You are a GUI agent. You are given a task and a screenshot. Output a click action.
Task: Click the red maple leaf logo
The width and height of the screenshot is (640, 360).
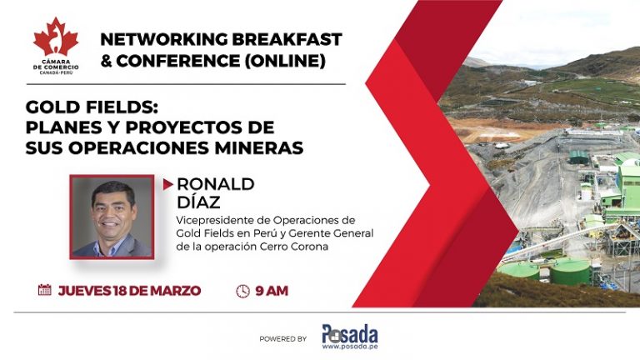56,37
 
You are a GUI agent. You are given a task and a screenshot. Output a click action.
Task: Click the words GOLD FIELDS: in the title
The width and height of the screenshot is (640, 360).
92,107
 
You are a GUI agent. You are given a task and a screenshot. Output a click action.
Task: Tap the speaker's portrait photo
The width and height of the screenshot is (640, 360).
112,217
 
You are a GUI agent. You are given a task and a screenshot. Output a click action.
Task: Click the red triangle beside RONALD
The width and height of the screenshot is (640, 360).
167,184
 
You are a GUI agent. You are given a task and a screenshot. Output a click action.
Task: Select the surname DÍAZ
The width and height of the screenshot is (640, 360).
198,202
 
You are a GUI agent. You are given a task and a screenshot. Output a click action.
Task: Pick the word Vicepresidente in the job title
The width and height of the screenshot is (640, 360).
210,220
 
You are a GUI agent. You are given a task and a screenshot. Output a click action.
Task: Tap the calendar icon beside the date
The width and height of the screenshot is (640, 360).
44,290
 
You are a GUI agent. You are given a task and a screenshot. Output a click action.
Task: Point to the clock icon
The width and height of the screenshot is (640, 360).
242,291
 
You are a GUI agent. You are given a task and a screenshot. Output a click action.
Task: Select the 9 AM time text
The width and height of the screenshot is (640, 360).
272,291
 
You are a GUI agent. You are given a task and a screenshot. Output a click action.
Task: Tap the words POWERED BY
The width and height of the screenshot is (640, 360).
282,339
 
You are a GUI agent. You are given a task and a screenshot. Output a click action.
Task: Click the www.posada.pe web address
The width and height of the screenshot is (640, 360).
350,347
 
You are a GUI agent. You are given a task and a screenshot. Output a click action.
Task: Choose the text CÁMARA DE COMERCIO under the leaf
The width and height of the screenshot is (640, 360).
56,65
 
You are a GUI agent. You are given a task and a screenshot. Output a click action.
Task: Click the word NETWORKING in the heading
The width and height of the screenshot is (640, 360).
164,39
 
